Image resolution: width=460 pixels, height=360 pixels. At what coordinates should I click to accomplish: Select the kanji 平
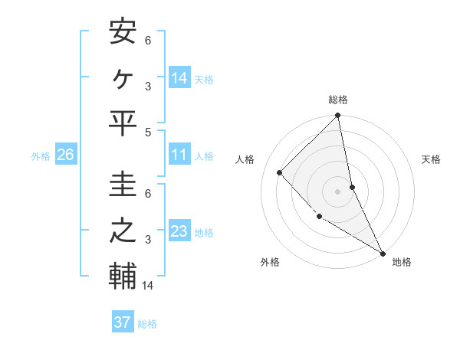(x=123, y=123)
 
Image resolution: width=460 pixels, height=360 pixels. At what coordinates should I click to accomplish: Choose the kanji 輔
(x=123, y=277)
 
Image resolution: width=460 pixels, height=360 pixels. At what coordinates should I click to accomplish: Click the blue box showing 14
(x=179, y=77)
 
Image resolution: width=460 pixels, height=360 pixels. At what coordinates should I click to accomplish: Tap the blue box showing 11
(x=179, y=155)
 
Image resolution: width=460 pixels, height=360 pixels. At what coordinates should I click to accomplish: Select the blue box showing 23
(x=179, y=231)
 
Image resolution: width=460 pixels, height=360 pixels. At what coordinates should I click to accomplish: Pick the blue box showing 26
(x=65, y=155)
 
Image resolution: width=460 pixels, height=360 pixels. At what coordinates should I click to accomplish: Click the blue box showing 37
(x=122, y=322)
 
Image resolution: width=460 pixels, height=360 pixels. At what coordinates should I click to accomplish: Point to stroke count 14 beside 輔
(x=149, y=286)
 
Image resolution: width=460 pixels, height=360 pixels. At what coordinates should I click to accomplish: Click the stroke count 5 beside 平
(x=149, y=132)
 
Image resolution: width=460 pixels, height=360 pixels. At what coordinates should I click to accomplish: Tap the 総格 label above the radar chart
(x=338, y=100)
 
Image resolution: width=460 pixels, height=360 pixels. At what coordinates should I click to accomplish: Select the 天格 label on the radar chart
(x=431, y=159)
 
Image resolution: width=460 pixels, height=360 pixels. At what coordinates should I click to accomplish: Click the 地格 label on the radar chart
(x=402, y=262)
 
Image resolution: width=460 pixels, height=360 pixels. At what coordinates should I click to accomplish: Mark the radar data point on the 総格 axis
(x=338, y=116)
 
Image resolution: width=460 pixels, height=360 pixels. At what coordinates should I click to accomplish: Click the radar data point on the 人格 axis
(x=280, y=172)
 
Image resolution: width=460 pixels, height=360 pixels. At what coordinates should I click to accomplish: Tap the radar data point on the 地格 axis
(x=383, y=252)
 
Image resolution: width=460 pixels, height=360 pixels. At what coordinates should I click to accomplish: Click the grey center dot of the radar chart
(x=338, y=191)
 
